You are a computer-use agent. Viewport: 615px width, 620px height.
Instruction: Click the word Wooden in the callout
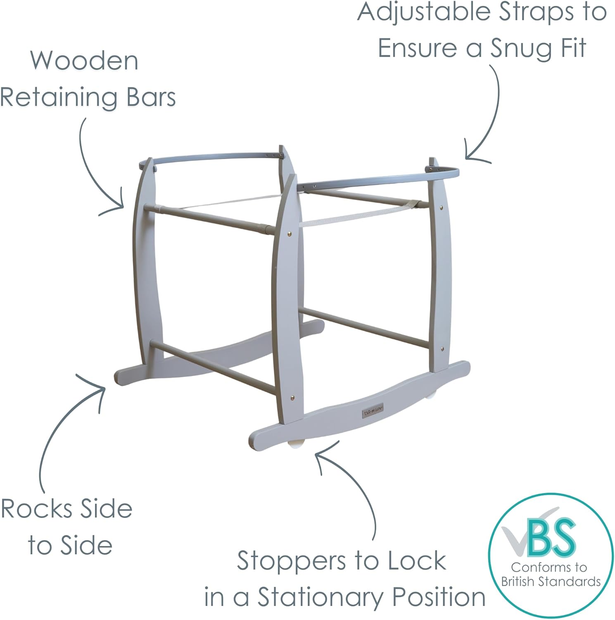84,61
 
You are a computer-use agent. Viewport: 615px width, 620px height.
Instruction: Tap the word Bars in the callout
151,97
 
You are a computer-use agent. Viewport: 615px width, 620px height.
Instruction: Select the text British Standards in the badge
551,582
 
